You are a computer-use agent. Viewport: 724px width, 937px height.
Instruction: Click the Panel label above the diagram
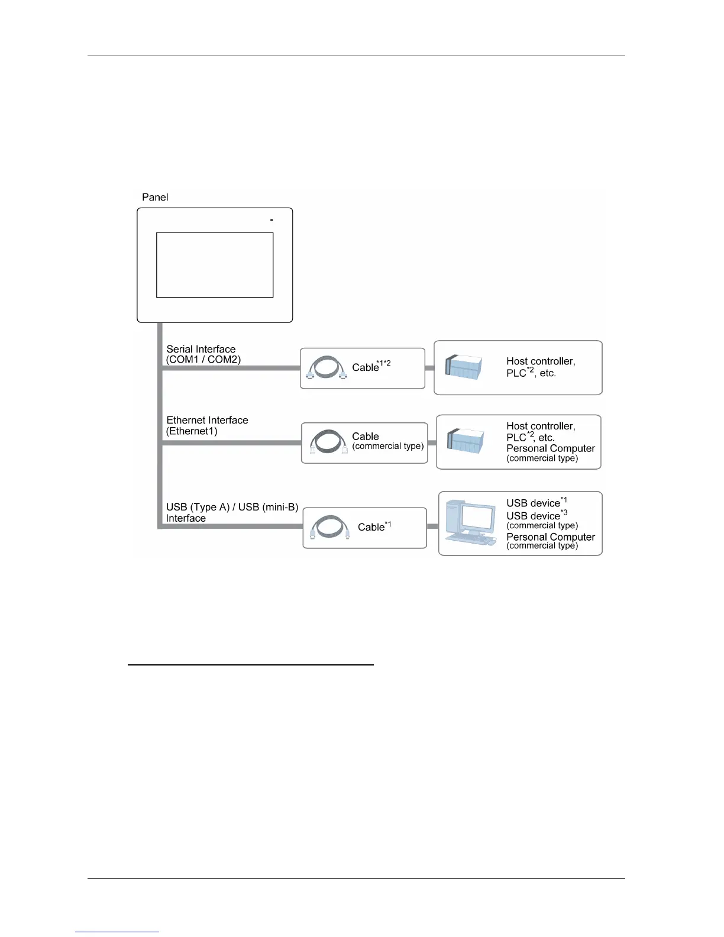click(x=155, y=198)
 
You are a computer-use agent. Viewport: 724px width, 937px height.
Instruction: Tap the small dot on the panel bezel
click(x=271, y=220)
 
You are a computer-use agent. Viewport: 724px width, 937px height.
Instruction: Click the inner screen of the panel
click(x=215, y=265)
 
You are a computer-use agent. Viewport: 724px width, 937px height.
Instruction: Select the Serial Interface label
click(x=201, y=349)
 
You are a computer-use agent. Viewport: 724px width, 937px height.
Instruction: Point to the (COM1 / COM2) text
click(x=203, y=360)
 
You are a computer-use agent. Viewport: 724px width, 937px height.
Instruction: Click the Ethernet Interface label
click(x=207, y=420)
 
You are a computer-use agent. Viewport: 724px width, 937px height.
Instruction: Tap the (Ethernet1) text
click(x=192, y=431)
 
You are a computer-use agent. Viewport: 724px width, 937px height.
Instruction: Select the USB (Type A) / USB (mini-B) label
click(x=232, y=507)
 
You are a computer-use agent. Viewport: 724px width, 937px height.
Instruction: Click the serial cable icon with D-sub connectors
click(x=327, y=368)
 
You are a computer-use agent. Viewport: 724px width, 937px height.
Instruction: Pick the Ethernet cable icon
click(x=328, y=442)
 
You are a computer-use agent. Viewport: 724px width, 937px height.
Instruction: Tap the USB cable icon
click(x=330, y=527)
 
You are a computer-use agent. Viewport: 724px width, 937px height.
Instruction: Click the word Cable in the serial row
click(x=365, y=367)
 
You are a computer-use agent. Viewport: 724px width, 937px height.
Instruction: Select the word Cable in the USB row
click(x=371, y=527)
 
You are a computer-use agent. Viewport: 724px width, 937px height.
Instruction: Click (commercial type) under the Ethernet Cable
click(x=388, y=446)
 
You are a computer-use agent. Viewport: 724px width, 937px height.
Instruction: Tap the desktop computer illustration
click(x=471, y=523)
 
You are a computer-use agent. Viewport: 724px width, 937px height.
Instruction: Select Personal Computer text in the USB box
click(x=551, y=537)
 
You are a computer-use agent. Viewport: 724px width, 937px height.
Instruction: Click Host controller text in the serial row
click(x=541, y=361)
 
